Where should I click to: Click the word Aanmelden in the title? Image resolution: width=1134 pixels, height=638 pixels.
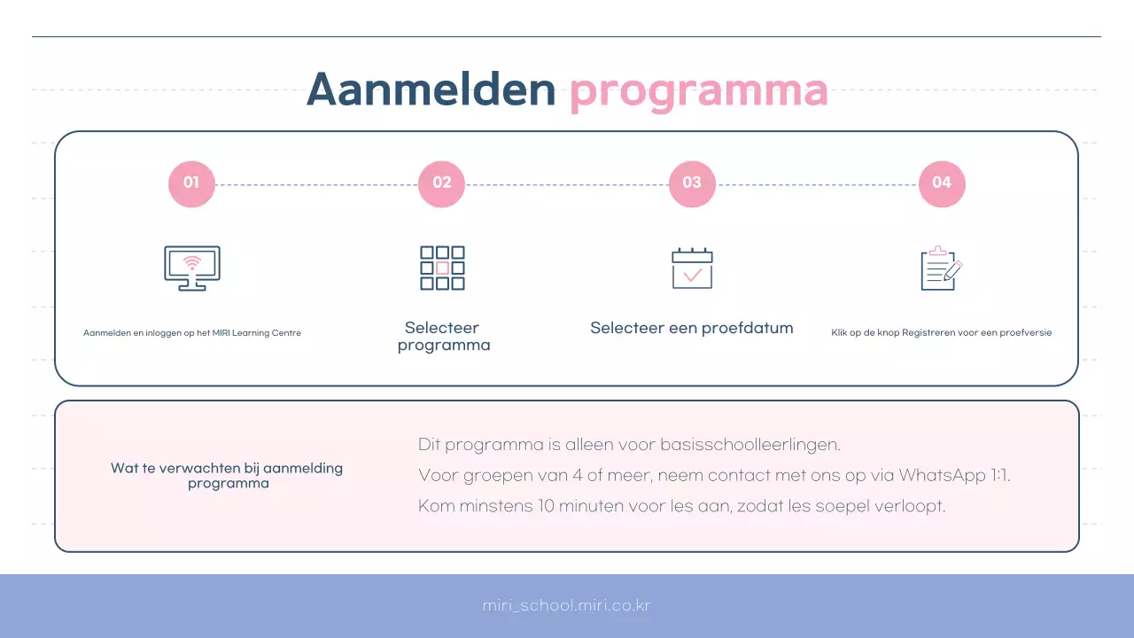431,89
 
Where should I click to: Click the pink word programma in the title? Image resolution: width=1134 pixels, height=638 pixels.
698,90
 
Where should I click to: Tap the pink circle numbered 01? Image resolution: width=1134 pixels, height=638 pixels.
191,183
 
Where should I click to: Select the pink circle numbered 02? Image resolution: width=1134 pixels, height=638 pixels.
441,183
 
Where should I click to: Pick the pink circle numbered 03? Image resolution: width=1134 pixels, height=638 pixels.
692,183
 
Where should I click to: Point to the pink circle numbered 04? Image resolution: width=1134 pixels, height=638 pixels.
942,183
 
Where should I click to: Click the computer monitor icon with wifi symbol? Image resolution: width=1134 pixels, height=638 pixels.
192,268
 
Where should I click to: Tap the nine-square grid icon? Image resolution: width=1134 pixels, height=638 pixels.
442,268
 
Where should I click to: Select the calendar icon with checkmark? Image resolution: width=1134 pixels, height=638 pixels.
692,268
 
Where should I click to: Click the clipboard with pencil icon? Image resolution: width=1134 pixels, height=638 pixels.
942,268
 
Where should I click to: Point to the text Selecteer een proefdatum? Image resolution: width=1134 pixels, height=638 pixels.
692,328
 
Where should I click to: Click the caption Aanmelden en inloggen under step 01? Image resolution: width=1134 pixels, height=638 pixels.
192,333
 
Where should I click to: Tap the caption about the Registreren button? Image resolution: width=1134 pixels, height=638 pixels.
942,333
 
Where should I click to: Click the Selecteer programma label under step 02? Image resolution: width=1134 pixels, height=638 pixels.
443,337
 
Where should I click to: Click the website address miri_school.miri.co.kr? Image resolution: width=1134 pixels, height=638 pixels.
567,606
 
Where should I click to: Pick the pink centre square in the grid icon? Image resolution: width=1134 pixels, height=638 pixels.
442,268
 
